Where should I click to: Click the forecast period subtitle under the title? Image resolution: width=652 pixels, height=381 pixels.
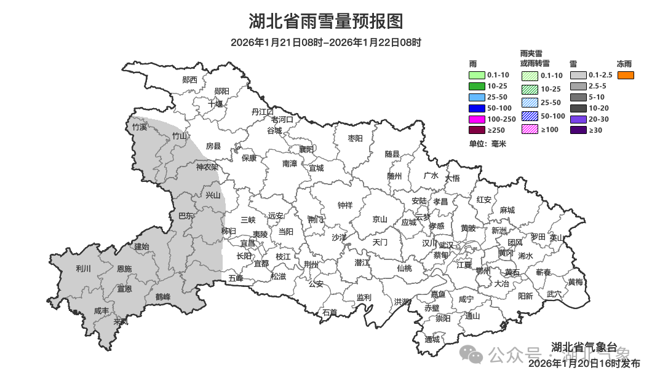(x=325, y=42)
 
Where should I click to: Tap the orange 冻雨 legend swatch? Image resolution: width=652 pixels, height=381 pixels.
(x=626, y=75)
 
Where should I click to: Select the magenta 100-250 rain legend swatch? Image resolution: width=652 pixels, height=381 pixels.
(x=477, y=119)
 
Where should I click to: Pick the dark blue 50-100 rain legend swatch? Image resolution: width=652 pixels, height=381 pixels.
(x=477, y=108)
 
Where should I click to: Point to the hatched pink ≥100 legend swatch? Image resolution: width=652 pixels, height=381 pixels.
(x=530, y=130)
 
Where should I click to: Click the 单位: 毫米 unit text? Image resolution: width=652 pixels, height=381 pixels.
(x=487, y=143)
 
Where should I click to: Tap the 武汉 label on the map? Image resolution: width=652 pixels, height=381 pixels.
(x=445, y=245)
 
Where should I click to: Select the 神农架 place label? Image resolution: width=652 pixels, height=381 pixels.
(x=207, y=167)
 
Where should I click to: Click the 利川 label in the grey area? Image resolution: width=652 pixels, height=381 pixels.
(x=83, y=269)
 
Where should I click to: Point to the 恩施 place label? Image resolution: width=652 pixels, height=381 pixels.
(x=124, y=269)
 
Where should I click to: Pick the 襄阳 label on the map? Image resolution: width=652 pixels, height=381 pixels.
(x=306, y=149)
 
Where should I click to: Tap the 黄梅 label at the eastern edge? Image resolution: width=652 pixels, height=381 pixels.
(x=576, y=282)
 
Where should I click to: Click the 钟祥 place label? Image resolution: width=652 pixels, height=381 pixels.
(x=345, y=205)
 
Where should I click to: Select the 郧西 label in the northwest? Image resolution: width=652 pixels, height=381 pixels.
(x=190, y=80)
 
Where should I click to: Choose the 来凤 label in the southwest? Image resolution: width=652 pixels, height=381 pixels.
(x=121, y=321)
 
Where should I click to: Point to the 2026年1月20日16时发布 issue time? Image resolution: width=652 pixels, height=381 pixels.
(x=584, y=364)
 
